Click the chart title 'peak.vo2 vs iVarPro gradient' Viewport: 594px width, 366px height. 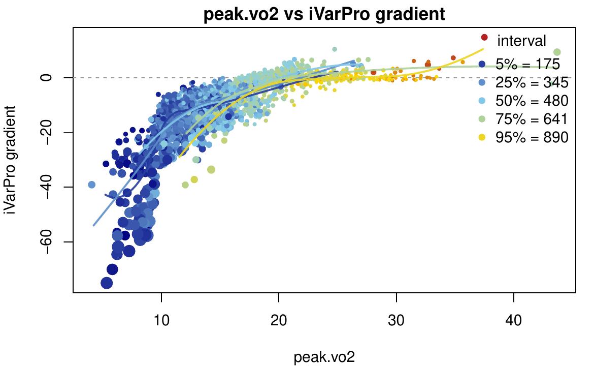(x=324, y=14)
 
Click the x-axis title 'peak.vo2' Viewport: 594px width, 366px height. (x=324, y=357)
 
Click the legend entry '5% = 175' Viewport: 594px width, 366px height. (x=528, y=64)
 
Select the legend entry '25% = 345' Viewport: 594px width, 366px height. (x=532, y=82)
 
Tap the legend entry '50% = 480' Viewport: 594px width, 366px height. (x=532, y=101)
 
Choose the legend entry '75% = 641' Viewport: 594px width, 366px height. (x=532, y=119)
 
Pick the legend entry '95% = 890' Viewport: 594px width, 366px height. (x=532, y=137)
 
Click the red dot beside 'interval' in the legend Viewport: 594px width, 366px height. (x=484, y=37)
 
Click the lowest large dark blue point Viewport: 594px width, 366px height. (x=107, y=283)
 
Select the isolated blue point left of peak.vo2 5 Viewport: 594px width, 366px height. (x=92, y=185)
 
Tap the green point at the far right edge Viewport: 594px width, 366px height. (x=556, y=52)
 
